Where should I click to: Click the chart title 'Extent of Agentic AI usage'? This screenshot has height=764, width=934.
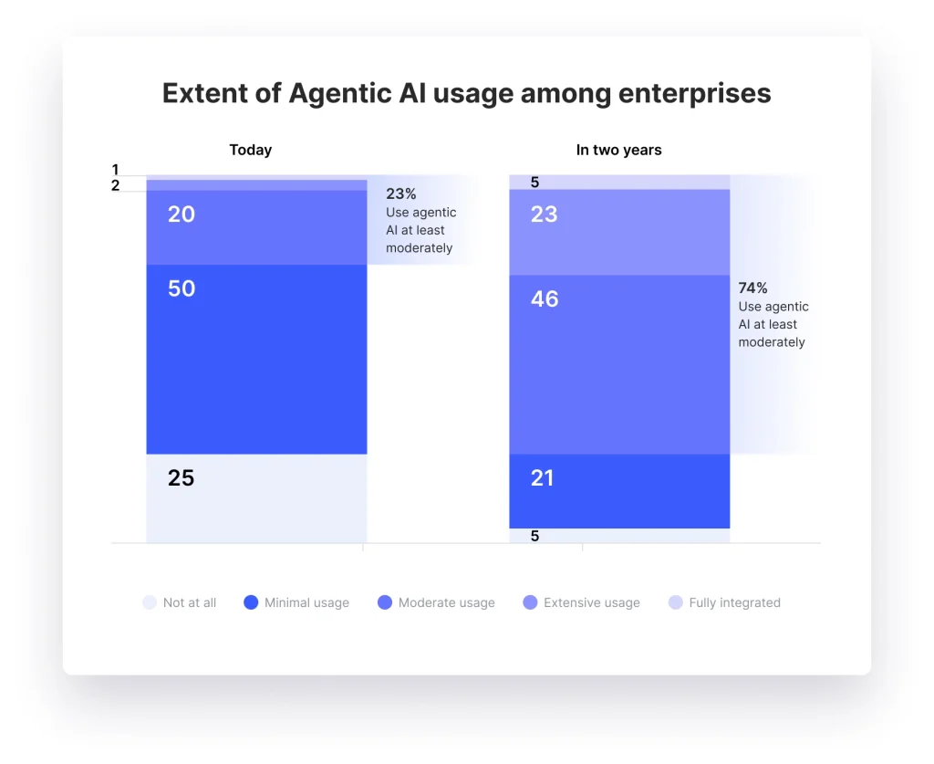(x=466, y=93)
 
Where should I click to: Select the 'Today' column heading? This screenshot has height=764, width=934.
(x=250, y=150)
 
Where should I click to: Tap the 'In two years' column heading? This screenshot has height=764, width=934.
(x=618, y=150)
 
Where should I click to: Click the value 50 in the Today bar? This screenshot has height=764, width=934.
(x=182, y=288)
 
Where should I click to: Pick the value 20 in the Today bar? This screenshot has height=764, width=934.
(x=182, y=215)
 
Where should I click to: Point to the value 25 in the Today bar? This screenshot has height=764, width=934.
(x=181, y=477)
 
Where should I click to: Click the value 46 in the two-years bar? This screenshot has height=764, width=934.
(x=545, y=299)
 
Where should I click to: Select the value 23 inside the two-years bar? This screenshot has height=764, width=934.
(x=544, y=215)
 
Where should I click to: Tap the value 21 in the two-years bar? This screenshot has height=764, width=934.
(x=543, y=477)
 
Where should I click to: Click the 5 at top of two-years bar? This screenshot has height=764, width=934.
(x=534, y=183)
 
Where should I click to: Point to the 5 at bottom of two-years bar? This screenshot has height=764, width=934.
(x=534, y=536)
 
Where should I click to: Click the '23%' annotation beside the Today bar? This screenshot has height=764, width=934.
(x=401, y=194)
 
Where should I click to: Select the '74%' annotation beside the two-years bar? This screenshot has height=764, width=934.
(x=753, y=288)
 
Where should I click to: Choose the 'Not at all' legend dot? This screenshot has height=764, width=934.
(x=150, y=602)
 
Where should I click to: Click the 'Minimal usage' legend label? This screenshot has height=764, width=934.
(x=306, y=602)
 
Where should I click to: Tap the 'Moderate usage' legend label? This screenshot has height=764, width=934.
(x=446, y=602)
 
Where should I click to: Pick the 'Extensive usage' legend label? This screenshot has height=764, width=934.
(x=591, y=602)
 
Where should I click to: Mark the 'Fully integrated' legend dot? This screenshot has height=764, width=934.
(x=675, y=602)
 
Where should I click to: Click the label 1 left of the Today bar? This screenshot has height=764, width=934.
(x=116, y=170)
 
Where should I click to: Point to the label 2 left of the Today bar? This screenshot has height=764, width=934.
(x=116, y=185)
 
